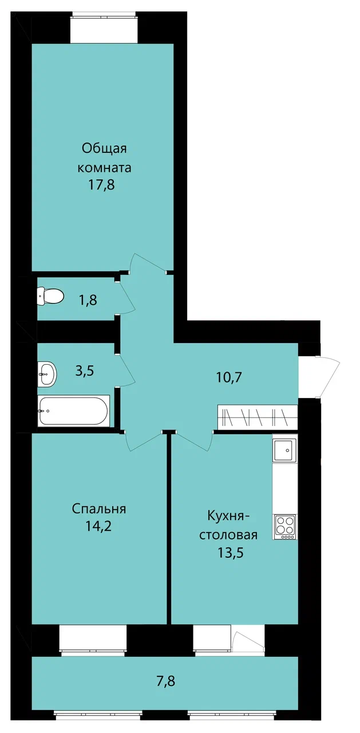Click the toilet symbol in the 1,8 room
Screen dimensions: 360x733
click(50, 296)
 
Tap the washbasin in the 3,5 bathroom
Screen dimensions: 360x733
click(47, 375)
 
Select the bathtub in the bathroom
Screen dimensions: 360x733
click(74, 411)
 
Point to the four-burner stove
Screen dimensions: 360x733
click(285, 527)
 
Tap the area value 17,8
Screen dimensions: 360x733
click(101, 186)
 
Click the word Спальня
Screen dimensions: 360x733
click(99, 509)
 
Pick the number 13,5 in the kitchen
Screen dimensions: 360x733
click(231, 553)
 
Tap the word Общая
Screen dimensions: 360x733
click(104, 149)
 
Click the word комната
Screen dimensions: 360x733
click(104, 168)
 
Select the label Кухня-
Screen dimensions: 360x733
click(228, 517)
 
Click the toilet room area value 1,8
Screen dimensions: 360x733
click(88, 299)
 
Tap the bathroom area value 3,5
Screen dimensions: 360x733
click(85, 371)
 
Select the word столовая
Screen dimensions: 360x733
click(228, 535)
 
